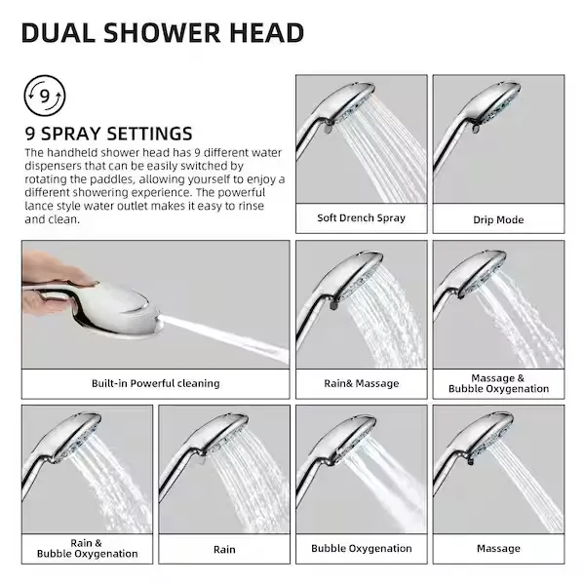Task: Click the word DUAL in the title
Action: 58,33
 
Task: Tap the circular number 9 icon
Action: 45,96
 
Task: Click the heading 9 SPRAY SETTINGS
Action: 108,134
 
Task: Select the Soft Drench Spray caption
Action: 361,217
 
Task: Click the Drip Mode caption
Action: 498,219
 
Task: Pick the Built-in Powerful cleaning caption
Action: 156,383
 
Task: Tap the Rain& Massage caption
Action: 361,383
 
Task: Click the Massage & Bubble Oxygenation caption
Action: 498,383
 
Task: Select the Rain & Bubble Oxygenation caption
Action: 88,548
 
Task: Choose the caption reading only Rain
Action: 224,550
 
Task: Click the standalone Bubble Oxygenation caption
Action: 361,548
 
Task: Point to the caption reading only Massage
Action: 498,548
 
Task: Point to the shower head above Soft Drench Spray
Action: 335,116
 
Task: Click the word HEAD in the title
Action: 266,33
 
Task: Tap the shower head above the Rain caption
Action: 202,448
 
